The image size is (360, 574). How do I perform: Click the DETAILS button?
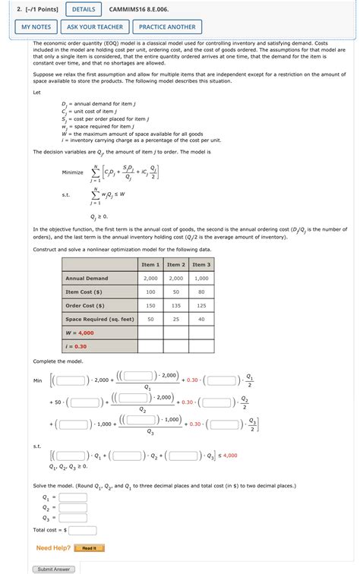pyautogui.click(x=84, y=9)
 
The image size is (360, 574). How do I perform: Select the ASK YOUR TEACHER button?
pyautogui.click(x=94, y=27)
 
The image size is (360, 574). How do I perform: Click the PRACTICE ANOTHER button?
pyautogui.click(x=166, y=27)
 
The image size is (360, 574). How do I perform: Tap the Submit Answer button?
pyautogui.click(x=53, y=569)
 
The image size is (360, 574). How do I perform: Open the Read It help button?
pyautogui.click(x=89, y=547)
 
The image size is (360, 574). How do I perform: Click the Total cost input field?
pyautogui.click(x=83, y=530)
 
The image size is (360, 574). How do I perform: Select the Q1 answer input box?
pyautogui.click(x=73, y=497)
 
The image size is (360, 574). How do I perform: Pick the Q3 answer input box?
pyautogui.click(x=73, y=519)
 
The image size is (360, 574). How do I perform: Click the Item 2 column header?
pyautogui.click(x=175, y=264)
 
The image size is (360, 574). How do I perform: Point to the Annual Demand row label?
pyautogui.click(x=87, y=279)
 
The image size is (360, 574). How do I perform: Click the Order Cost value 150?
pyautogui.click(x=150, y=305)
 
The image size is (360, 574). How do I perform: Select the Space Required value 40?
pyautogui.click(x=201, y=319)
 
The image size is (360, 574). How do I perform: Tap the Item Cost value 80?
pyautogui.click(x=201, y=292)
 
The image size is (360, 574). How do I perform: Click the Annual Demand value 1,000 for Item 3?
pyautogui.click(x=201, y=279)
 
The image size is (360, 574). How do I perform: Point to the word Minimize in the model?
pyautogui.click(x=73, y=172)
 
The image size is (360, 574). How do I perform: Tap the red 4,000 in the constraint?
pyautogui.click(x=230, y=456)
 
